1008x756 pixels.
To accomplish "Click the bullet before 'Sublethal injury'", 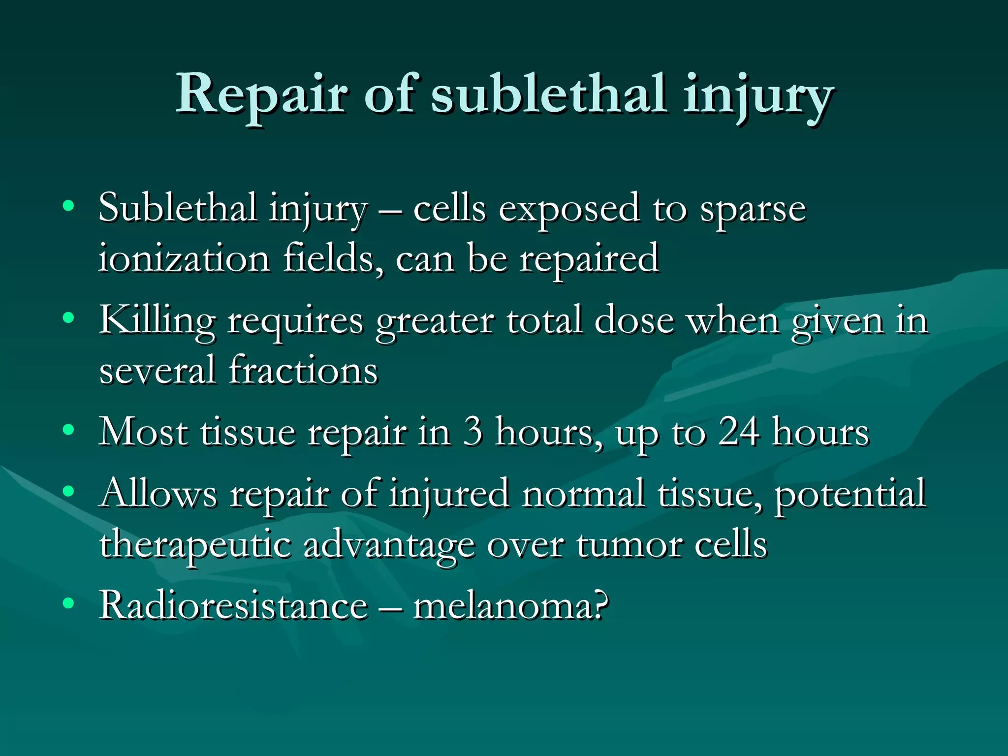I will [x=68, y=205].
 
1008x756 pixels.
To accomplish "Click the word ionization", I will [x=184, y=259].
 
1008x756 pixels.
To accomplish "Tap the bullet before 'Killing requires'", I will [x=68, y=317].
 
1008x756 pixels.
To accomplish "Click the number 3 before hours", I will [x=472, y=432].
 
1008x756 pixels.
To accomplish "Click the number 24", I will [x=738, y=432].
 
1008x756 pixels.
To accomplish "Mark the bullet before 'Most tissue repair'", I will [x=68, y=430].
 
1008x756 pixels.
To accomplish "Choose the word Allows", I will [x=158, y=493].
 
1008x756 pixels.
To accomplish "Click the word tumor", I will [x=630, y=545].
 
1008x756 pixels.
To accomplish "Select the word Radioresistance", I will [x=234, y=605].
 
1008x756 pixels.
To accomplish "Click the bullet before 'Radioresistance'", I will [x=68, y=603].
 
